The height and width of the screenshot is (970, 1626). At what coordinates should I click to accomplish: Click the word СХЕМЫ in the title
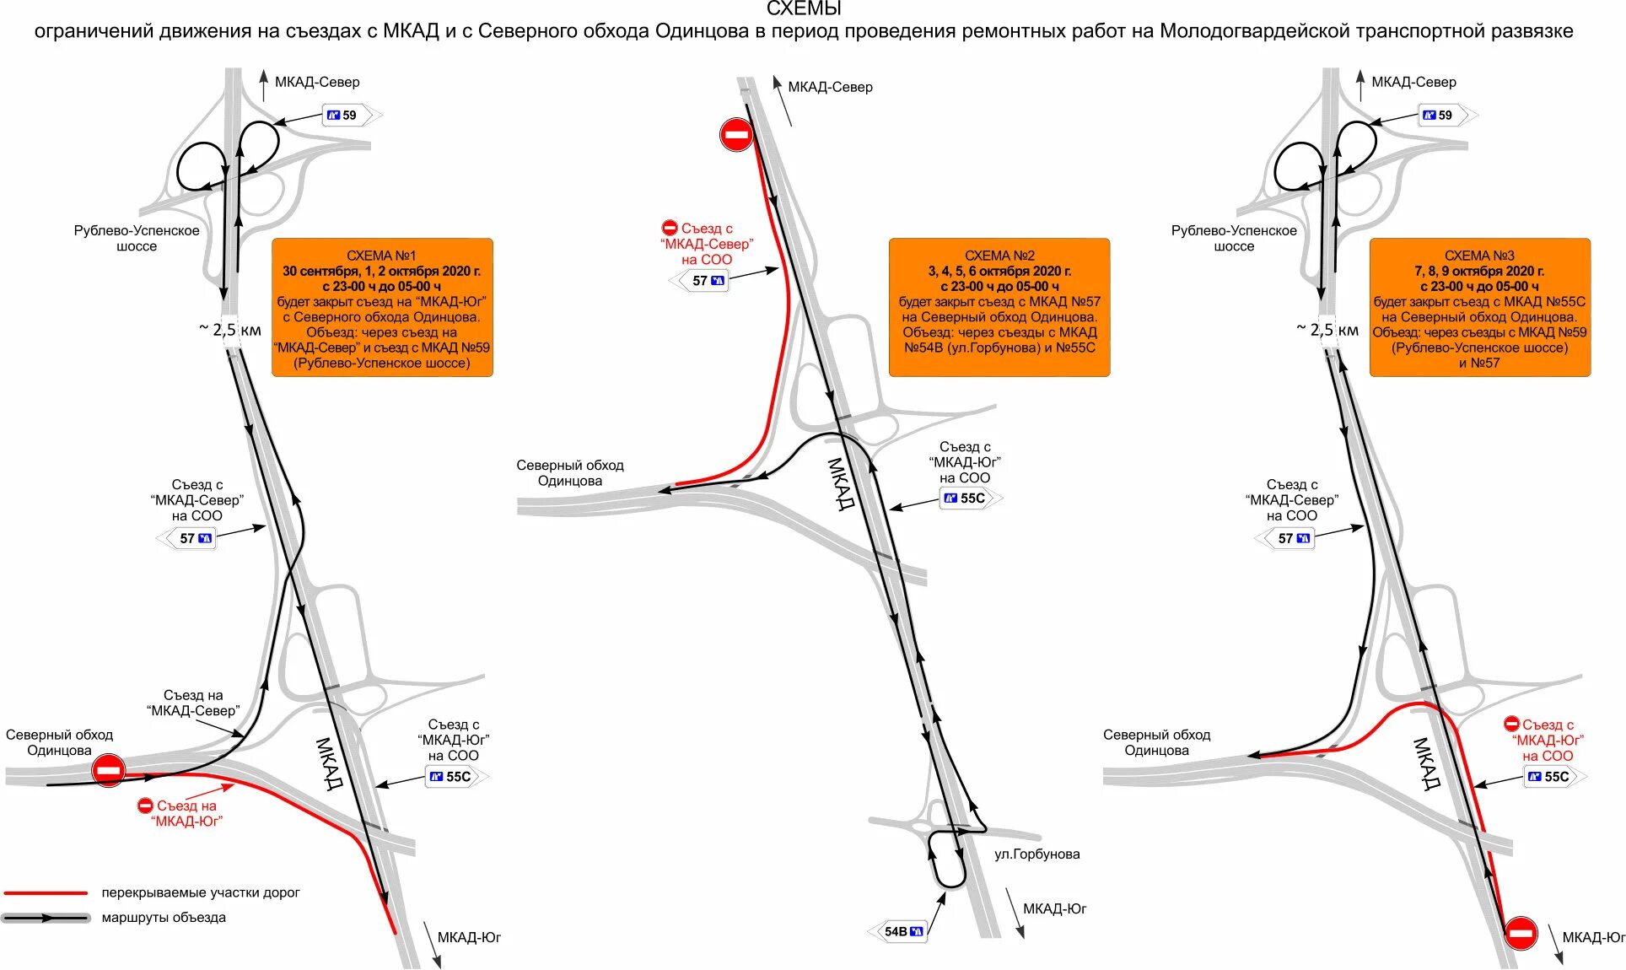point(803,9)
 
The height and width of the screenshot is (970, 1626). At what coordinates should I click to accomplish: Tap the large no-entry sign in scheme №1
point(109,770)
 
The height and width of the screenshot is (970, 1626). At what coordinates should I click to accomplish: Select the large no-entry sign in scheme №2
point(736,135)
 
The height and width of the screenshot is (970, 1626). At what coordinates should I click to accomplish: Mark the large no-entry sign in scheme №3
point(1521,933)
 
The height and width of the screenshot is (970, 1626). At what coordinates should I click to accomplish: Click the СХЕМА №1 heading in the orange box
point(381,256)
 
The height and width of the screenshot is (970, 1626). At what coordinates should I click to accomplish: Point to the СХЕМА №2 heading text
point(999,256)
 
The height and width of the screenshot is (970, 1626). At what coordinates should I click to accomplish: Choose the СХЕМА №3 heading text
point(1479,256)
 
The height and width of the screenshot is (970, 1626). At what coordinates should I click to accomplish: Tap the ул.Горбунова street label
point(1036,854)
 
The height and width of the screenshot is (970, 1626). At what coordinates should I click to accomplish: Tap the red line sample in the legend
point(46,892)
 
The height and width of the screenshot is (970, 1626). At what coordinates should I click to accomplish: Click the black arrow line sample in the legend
point(46,918)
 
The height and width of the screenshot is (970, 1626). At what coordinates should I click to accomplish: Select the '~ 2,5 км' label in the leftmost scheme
point(230,330)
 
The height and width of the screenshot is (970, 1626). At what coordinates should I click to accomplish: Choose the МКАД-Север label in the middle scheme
point(830,87)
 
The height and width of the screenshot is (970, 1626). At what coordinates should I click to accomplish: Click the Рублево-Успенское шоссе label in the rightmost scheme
point(1234,238)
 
